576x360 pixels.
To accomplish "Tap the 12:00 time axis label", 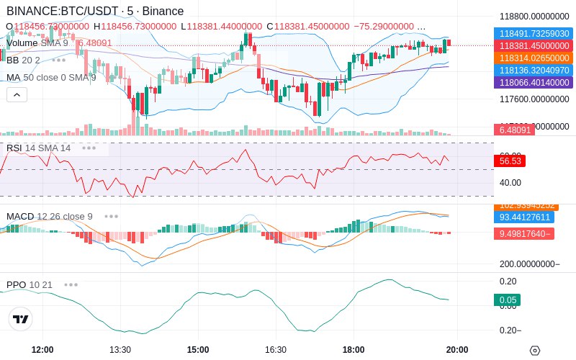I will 42,349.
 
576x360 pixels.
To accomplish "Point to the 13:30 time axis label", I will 120,349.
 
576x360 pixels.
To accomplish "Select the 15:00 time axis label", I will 198,349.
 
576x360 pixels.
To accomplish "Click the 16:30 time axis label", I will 276,349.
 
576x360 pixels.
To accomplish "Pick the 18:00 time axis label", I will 354,349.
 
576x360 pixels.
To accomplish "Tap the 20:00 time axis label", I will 457,349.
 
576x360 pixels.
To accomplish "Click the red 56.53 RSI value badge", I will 509,161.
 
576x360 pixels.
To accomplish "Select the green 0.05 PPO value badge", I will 507,300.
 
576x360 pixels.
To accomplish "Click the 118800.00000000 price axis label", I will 534,16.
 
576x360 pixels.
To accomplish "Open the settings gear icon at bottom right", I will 534,351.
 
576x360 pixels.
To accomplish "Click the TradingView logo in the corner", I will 21,319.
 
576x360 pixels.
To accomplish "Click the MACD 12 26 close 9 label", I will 50,216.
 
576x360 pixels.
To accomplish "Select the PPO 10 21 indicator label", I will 30,284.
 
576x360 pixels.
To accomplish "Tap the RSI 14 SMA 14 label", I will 39,148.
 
